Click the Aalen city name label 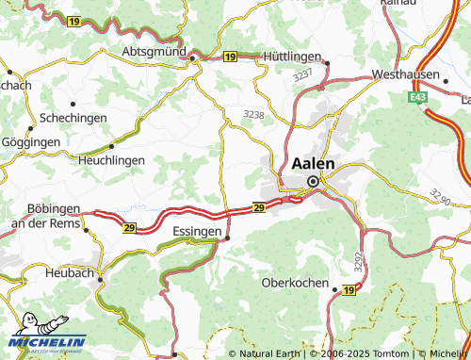tap(318, 162)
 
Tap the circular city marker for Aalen tap(313, 182)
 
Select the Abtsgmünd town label tap(154, 51)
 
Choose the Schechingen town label tap(73, 119)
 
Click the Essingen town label tap(198, 230)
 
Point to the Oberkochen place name tap(295, 283)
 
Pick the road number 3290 tap(440, 196)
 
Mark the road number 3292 tap(358, 257)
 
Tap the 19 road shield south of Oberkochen tap(349, 292)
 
